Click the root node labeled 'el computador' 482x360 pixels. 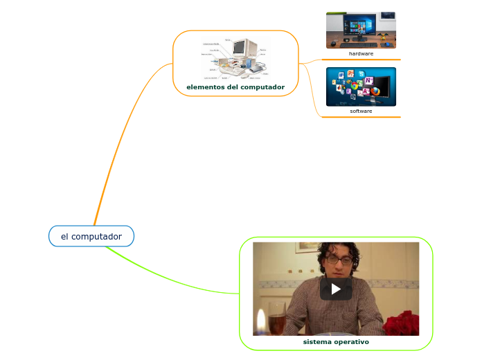(x=91, y=236)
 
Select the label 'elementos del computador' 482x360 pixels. (x=235, y=87)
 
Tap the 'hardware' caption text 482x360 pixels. (x=361, y=53)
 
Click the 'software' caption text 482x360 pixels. (x=361, y=111)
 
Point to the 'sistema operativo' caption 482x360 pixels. (x=336, y=342)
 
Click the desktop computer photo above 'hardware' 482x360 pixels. (x=361, y=30)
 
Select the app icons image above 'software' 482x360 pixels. (x=361, y=86)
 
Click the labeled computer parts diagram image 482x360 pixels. (x=235, y=59)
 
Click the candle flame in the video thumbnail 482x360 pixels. (x=260, y=321)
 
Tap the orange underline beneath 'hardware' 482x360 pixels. (x=361, y=60)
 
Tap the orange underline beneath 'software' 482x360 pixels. (x=361, y=117)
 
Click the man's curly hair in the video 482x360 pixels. (x=336, y=247)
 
